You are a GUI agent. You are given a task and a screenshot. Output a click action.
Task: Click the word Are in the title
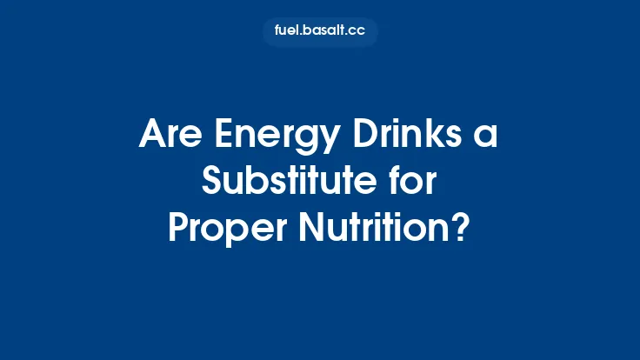(169, 137)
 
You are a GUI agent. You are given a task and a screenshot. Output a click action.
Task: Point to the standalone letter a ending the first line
(488, 139)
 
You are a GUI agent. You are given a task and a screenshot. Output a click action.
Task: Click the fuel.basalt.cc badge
(320, 32)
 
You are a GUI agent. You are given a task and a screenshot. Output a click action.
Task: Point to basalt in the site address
(323, 32)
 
